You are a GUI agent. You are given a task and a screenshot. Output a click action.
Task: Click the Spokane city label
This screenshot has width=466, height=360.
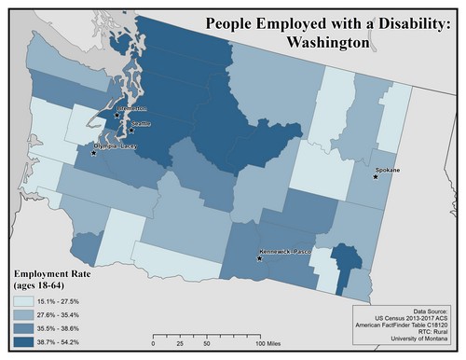pos(387,171)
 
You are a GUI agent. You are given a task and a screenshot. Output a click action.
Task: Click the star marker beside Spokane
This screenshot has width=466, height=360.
pos(377,178)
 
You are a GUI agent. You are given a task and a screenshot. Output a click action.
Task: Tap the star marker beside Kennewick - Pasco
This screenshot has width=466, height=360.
pos(260,258)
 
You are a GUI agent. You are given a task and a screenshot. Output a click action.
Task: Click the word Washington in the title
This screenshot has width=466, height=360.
pos(329,42)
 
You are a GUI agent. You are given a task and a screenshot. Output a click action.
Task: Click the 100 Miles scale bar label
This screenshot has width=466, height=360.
pos(269,344)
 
